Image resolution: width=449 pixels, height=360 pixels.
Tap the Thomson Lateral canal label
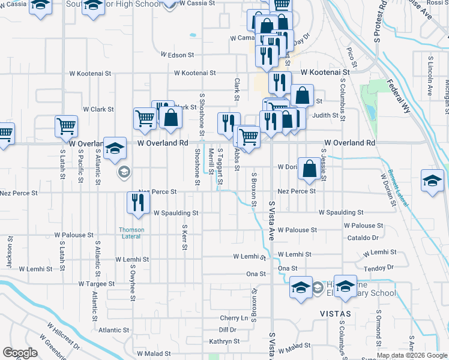131,233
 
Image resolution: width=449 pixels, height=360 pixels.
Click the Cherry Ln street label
234,318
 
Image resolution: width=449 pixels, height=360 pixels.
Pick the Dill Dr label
228,330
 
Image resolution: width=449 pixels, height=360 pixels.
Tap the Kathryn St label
224,341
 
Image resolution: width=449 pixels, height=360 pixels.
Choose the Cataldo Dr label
364,238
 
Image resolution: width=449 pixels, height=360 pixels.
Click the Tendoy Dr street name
379,267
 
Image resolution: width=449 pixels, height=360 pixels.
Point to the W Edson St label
177,55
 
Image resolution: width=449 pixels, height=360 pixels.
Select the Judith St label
326,115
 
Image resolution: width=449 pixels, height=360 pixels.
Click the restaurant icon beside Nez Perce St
138,202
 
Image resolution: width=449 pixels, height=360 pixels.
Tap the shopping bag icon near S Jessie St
309,170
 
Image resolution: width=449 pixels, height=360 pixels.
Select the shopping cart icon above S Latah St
66,126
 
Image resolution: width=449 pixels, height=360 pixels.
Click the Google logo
20,353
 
